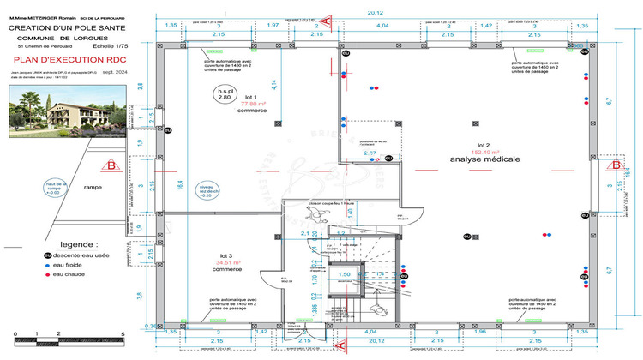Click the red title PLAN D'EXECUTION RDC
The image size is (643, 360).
tap(64, 61)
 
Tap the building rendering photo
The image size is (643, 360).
tap(64, 111)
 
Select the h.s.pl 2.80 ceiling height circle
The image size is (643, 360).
tap(225, 94)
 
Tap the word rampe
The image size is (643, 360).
tap(93, 186)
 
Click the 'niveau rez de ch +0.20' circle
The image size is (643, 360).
tap(206, 189)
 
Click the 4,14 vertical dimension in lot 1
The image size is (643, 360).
tap(274, 84)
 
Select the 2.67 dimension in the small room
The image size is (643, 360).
tap(370, 153)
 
